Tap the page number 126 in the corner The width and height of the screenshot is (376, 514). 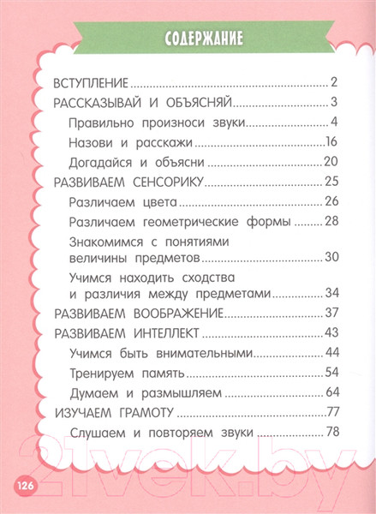[23, 486]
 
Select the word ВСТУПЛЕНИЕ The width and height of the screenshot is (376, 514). [90, 83]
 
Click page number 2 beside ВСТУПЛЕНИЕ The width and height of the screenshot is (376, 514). [334, 83]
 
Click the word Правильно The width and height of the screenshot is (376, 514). [102, 122]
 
